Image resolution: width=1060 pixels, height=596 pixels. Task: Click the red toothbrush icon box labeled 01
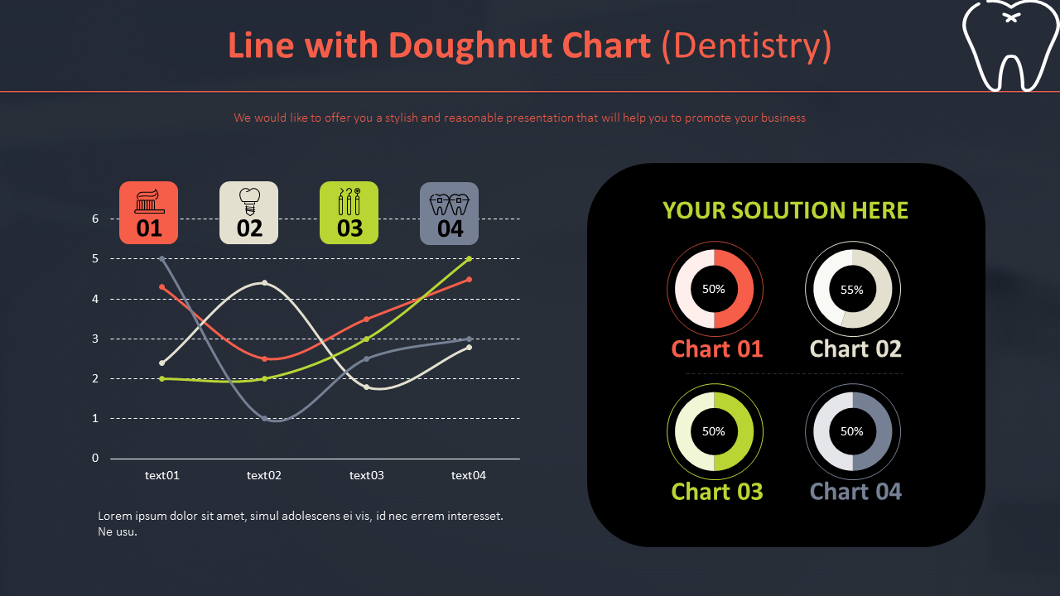point(148,213)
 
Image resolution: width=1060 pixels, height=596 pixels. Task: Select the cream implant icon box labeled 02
point(249,213)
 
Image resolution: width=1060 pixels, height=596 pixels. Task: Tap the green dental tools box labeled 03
point(349,213)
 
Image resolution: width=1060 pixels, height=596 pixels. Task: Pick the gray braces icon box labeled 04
point(450,214)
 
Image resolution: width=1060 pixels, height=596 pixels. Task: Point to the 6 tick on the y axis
point(95,219)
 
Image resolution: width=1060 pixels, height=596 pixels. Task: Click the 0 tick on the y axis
point(95,458)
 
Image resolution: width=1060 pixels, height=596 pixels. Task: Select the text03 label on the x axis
point(366,475)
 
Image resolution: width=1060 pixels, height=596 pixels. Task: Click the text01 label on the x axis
point(161,475)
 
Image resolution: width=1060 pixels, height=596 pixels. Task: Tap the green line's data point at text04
point(469,259)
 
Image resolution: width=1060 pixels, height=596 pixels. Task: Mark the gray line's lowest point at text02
point(264,419)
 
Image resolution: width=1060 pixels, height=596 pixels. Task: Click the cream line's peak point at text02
point(264,283)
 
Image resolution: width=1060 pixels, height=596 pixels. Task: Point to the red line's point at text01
point(162,287)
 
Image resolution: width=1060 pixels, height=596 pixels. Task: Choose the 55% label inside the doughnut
point(852,290)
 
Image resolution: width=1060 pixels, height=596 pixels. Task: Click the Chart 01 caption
point(717,349)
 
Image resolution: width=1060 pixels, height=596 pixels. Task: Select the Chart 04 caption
point(855,492)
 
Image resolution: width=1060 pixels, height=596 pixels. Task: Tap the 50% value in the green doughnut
point(714,431)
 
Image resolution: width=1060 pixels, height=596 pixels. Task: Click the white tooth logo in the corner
point(1011,46)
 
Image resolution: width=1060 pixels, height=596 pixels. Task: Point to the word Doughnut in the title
point(472,46)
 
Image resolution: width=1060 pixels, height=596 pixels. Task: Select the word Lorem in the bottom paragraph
point(115,516)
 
